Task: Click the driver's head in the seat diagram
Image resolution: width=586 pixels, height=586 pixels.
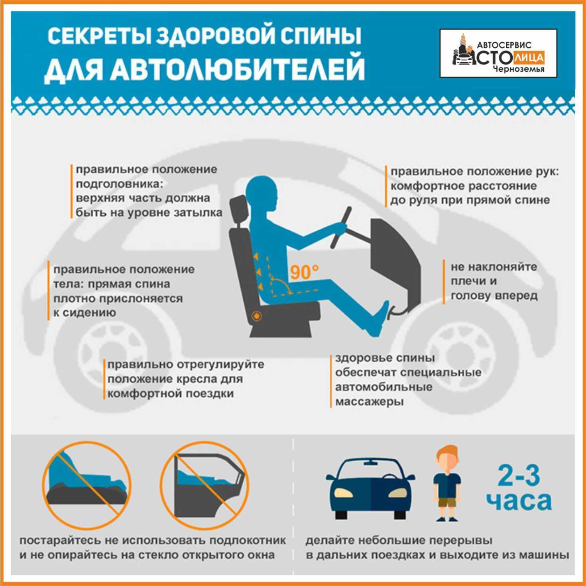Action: click(x=262, y=196)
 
